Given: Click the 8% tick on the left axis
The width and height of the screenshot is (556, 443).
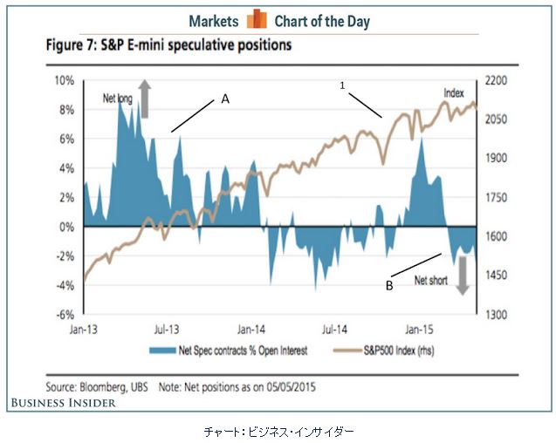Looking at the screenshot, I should [x=65, y=110].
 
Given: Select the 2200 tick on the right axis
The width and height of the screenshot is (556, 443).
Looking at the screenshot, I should [x=494, y=80].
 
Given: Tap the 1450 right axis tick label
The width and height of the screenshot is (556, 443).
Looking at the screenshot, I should [x=494, y=276].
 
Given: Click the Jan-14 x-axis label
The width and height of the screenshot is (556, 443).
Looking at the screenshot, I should [x=251, y=331].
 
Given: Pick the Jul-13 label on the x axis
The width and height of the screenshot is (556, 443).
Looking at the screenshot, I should [x=167, y=331].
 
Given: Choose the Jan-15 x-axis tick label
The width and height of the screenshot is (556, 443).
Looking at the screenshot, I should [x=417, y=331].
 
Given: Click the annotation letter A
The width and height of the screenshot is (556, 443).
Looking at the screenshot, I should [x=224, y=100].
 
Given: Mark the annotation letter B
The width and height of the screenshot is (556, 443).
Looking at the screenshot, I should [x=390, y=283].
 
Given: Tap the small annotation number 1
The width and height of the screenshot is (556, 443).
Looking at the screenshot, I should [x=343, y=85].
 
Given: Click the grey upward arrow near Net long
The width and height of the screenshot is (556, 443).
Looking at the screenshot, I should [x=145, y=98].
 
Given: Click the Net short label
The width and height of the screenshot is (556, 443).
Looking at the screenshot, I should [x=431, y=281].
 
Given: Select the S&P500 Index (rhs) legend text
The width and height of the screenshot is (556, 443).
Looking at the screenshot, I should [x=396, y=352].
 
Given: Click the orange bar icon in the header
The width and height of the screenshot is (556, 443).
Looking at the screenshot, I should [x=256, y=20].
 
